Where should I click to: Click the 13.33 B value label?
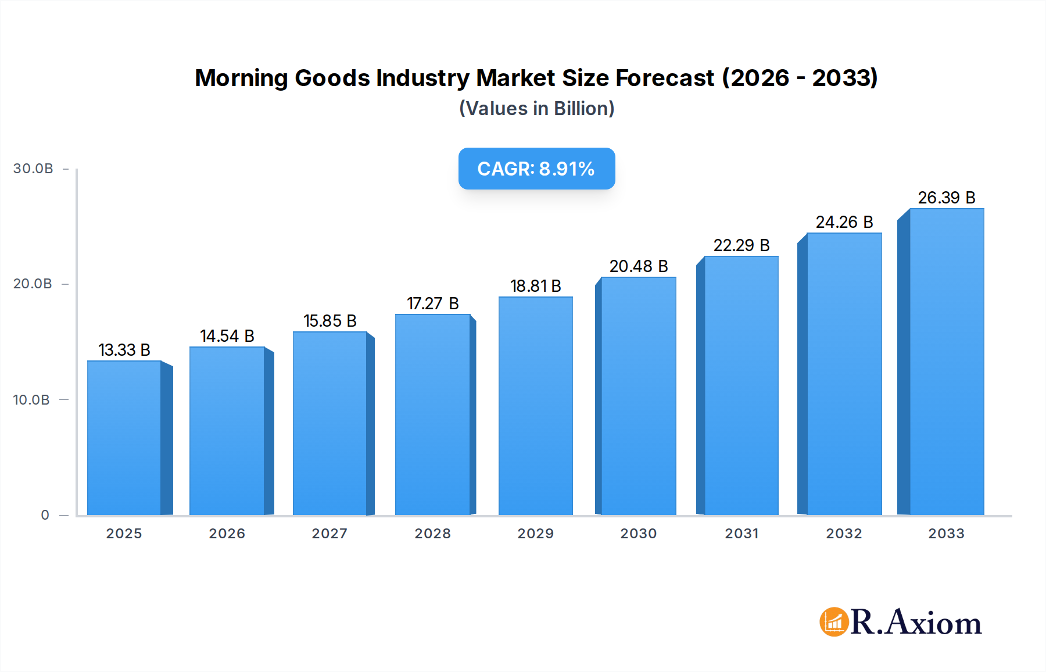124,350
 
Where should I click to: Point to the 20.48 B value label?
639,266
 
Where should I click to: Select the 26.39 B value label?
947,198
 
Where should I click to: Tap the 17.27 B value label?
433,303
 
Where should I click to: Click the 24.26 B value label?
844,222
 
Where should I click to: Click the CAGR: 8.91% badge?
536,169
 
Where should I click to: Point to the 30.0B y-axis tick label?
33,169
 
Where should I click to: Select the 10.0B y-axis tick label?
31,400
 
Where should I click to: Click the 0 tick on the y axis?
45,515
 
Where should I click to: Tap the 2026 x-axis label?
227,534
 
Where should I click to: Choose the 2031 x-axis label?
741,534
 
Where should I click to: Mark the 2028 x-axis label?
433,534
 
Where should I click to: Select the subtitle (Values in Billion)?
536,109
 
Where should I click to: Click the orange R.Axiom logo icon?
834,622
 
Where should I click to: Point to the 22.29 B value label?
741,245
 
